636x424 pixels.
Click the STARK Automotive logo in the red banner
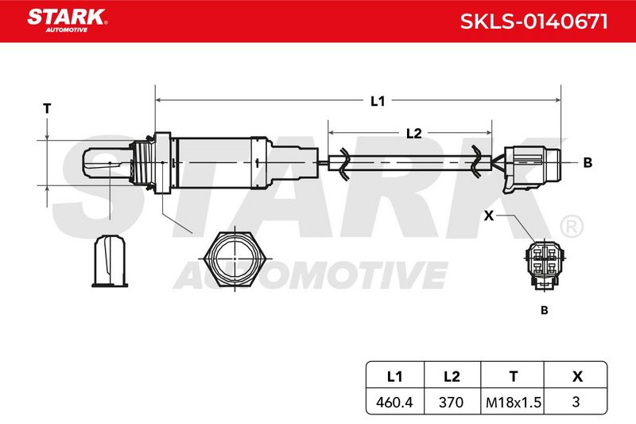(x=67, y=21)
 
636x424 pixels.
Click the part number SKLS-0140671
(x=533, y=21)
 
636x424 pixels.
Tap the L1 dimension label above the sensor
(x=378, y=100)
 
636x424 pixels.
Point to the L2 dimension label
(x=413, y=133)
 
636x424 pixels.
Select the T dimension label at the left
(x=47, y=109)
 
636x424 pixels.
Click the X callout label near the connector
(x=489, y=216)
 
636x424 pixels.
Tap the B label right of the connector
(x=588, y=163)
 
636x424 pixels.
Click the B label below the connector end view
(x=545, y=310)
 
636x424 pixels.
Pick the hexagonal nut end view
(x=235, y=259)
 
